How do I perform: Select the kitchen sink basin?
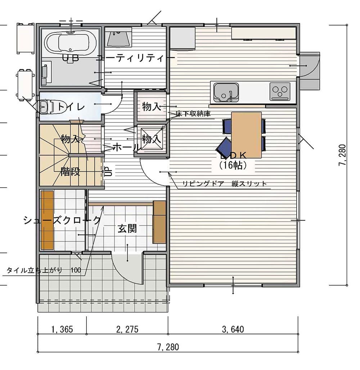(226, 92)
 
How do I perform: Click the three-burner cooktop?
(280, 92)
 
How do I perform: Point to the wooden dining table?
(246, 135)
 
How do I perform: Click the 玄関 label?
(127, 228)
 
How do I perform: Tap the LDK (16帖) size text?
(233, 165)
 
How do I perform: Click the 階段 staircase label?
(70, 171)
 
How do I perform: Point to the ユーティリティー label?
(136, 58)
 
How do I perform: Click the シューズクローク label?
(62, 220)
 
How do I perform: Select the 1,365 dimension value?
(62, 329)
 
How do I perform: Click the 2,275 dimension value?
(127, 329)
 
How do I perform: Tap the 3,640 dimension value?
(233, 329)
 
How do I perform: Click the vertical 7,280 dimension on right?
(342, 155)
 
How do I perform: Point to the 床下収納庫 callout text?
(193, 114)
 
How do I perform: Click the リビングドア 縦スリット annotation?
(225, 184)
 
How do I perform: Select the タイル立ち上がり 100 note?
(44, 270)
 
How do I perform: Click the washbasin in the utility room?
(118, 38)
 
